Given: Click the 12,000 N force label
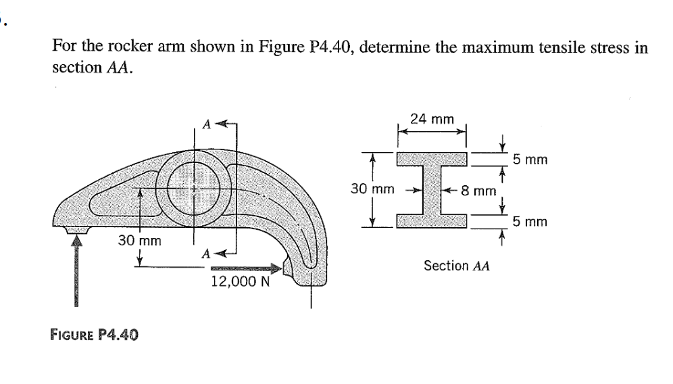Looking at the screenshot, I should point(241,281).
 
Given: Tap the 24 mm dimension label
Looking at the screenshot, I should point(432,119).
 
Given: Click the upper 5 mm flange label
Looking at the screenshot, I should point(530,160).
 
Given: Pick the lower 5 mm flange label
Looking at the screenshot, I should point(530,222).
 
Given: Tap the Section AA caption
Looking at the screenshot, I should point(456,266).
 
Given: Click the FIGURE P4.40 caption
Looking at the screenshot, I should point(95,333).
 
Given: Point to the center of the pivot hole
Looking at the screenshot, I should point(196,190).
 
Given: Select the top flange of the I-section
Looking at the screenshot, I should point(432,160).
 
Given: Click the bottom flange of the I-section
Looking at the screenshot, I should point(432,221).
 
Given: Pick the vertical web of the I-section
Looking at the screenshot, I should point(432,190).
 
